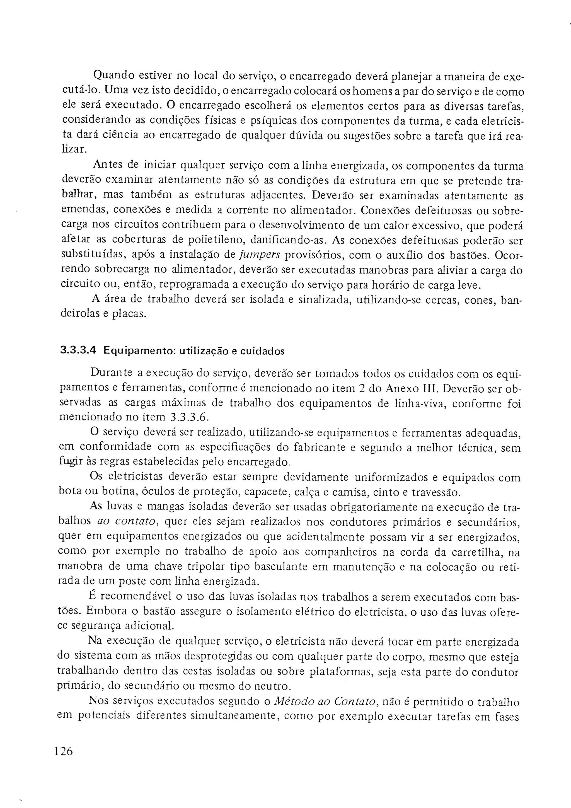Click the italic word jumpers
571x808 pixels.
[260, 255]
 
